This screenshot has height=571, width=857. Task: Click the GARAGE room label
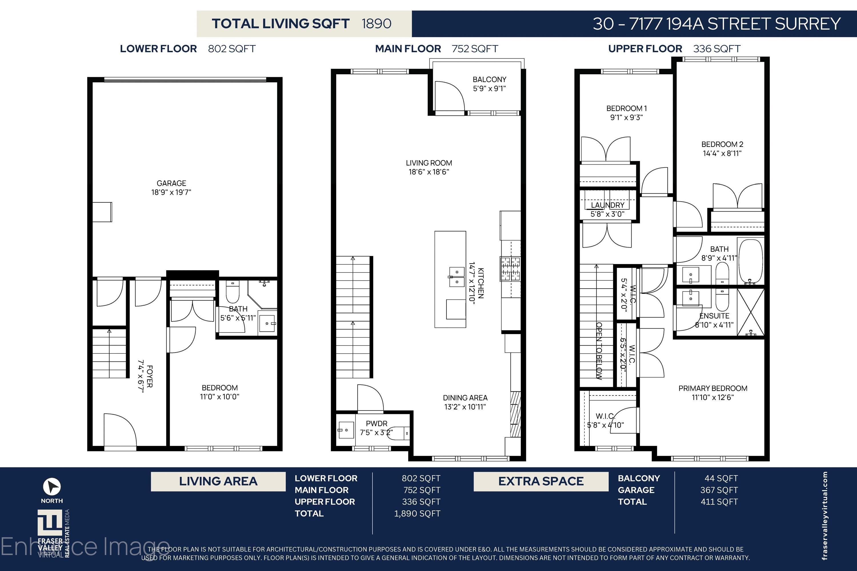(171, 183)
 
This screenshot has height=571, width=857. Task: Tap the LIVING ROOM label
(429, 163)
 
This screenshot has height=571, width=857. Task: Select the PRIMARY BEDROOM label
(713, 389)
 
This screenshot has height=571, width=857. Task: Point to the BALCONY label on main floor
(489, 79)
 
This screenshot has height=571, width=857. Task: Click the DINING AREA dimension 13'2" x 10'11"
(465, 407)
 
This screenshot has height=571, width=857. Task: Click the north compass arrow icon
(52, 486)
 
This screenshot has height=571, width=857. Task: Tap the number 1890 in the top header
(377, 24)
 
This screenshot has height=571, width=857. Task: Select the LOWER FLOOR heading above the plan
(159, 49)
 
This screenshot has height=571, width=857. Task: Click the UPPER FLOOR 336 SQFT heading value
(717, 49)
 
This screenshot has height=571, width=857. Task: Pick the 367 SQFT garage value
(719, 490)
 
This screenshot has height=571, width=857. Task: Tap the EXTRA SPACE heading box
(541, 481)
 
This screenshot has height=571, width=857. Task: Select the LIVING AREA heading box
(218, 481)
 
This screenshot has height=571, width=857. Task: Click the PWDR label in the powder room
(377, 423)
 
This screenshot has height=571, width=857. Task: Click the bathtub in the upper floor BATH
(750, 261)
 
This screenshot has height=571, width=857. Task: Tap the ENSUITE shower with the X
(751, 312)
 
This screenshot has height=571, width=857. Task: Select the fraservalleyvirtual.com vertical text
(825, 516)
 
